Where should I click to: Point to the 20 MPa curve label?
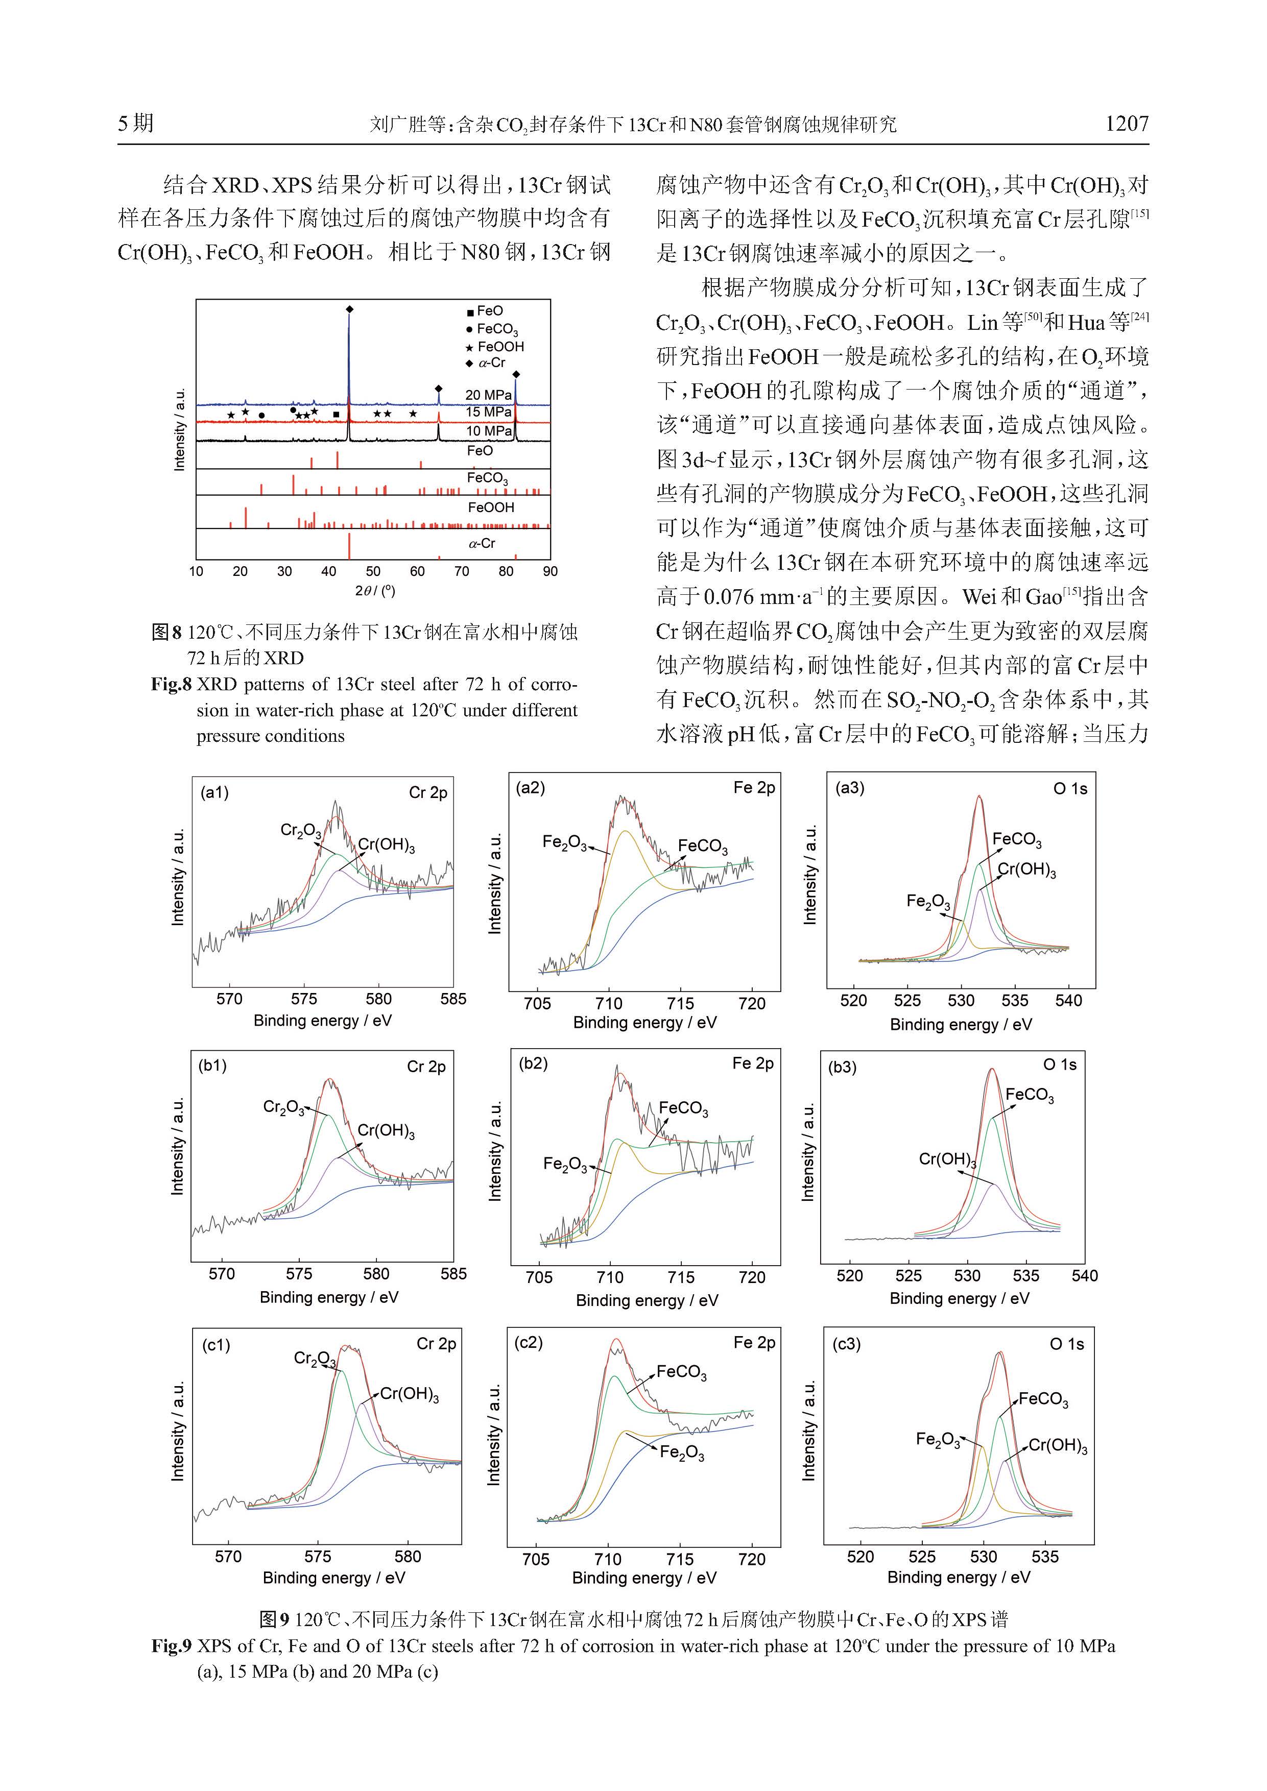pyautogui.click(x=488, y=395)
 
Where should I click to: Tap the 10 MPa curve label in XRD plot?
pyautogui.click(x=488, y=430)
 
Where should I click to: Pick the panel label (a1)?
pyautogui.click(x=214, y=792)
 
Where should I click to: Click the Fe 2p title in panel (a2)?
pyautogui.click(x=754, y=788)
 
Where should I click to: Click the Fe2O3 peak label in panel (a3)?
pyautogui.click(x=927, y=902)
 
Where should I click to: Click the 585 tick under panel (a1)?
pyautogui.click(x=452, y=999)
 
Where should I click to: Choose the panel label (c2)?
pyautogui.click(x=528, y=1342)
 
